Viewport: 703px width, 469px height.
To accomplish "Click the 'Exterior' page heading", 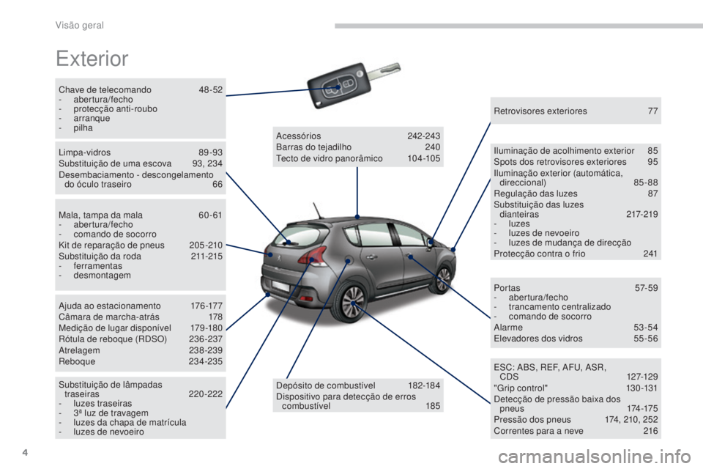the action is [x=92, y=59].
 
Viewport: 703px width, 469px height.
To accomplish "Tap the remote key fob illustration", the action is [x=353, y=84].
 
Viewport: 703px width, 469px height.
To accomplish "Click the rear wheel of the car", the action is [x=352, y=302].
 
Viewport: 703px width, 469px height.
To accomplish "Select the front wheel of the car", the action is [x=443, y=279].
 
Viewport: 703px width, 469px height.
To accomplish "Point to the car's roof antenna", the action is [x=317, y=211].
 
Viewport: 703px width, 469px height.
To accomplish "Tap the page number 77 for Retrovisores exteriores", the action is [x=652, y=111].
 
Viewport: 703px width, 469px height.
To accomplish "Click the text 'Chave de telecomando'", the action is [x=105, y=89].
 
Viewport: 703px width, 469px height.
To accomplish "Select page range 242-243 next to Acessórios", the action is [x=424, y=136].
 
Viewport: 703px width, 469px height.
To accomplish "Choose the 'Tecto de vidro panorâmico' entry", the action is [x=330, y=158].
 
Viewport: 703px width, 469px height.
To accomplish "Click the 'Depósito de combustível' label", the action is [x=326, y=385].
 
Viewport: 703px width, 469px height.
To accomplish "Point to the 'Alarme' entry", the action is [x=508, y=328].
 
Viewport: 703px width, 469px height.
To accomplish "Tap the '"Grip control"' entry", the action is [x=521, y=388].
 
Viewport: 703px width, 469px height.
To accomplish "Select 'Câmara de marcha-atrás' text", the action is [x=109, y=317].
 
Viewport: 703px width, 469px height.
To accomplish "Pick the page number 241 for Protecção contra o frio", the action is [x=650, y=254].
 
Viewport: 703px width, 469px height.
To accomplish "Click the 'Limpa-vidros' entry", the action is [x=84, y=152].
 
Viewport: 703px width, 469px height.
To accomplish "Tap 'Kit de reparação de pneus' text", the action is [x=111, y=245].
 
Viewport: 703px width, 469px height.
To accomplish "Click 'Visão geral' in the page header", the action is [x=79, y=26].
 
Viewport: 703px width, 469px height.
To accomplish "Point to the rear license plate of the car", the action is [x=280, y=287].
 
